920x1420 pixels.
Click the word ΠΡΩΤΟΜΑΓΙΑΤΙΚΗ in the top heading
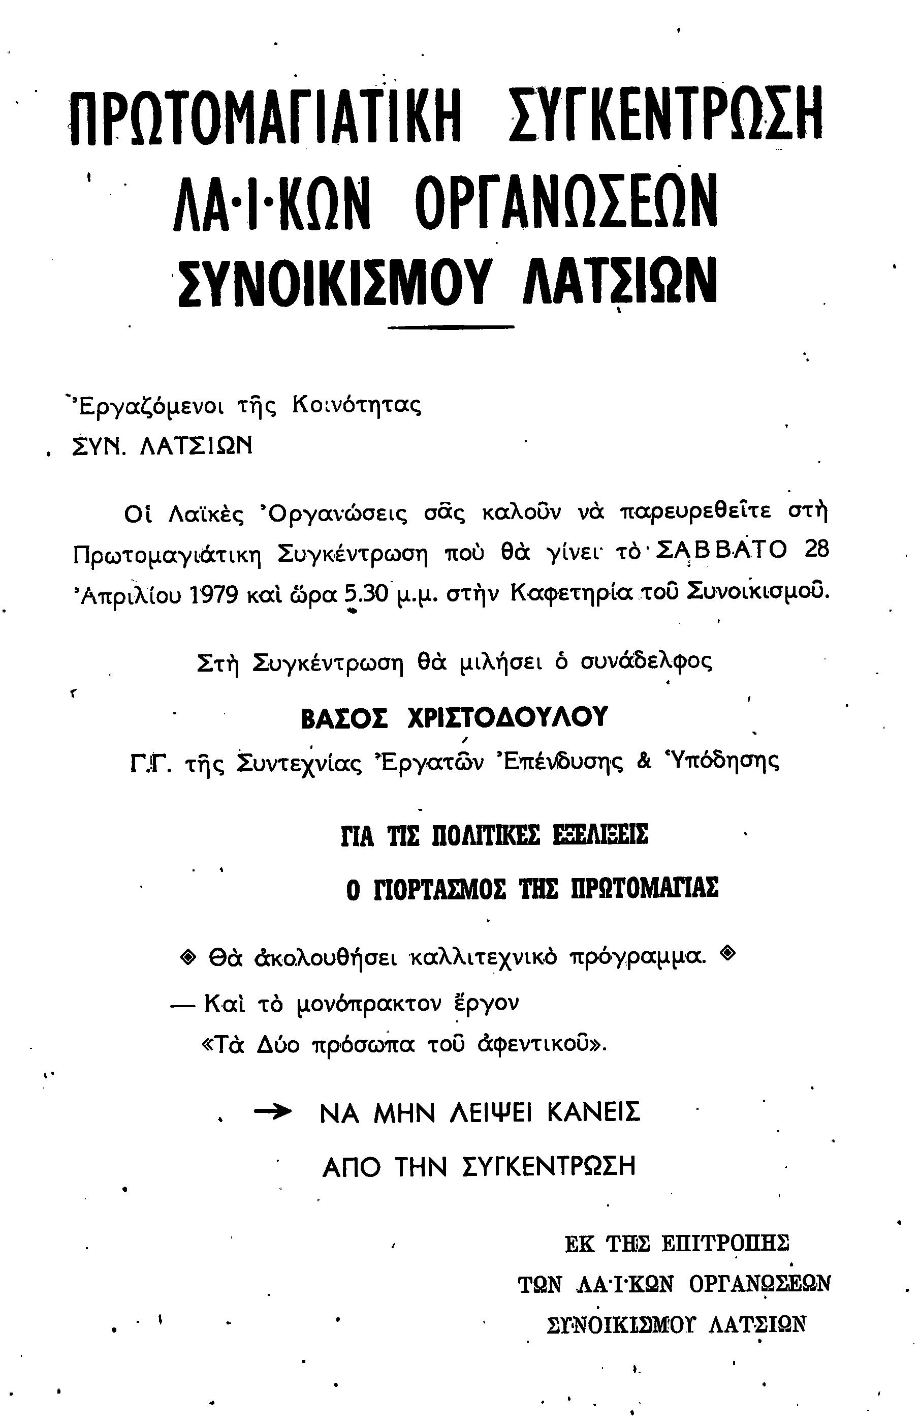pos(265,116)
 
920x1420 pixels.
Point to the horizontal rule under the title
pos(450,326)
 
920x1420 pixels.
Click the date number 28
pos(816,550)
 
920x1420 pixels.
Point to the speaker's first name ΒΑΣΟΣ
pos(344,719)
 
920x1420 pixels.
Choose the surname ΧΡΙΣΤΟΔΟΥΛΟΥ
pos(507,718)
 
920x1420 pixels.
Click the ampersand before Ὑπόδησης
pos(644,762)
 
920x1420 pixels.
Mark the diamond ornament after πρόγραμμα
pos(727,953)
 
